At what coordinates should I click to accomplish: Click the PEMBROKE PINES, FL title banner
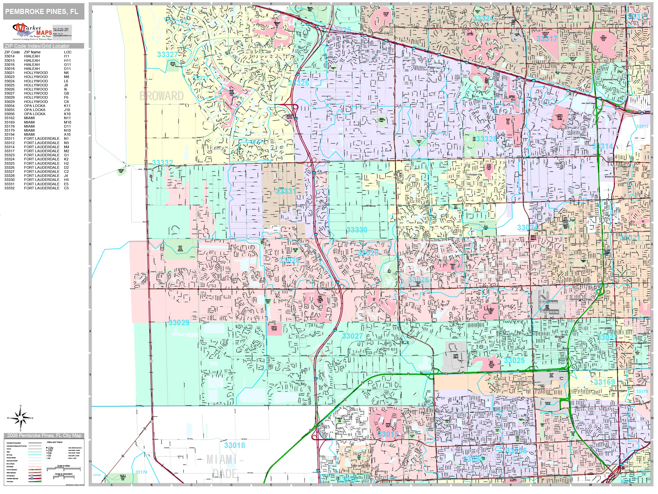pyautogui.click(x=43, y=12)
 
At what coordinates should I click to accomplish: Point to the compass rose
pyautogui.click(x=21, y=418)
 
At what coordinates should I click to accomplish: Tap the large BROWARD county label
pyautogui.click(x=161, y=96)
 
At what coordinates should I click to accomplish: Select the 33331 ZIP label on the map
pyautogui.click(x=286, y=191)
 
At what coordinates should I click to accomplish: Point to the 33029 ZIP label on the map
pyautogui.click(x=178, y=322)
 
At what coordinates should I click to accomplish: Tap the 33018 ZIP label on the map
pyautogui.click(x=234, y=445)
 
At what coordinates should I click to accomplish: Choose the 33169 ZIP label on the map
pyautogui.click(x=604, y=382)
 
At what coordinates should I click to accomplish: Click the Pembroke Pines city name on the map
pyautogui.click(x=581, y=299)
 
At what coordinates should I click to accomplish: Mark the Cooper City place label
pyautogui.click(x=475, y=175)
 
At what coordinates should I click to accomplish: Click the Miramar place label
pyautogui.click(x=559, y=337)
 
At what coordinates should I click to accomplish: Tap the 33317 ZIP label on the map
pyautogui.click(x=547, y=39)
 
